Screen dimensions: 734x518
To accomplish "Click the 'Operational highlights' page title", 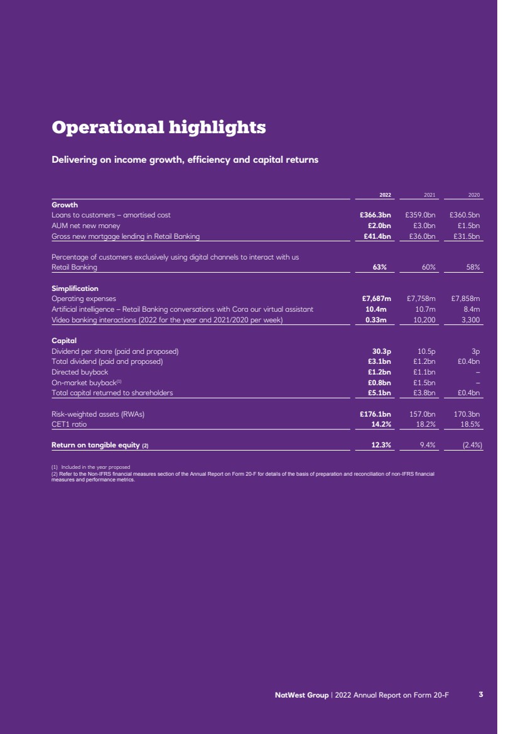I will [x=158, y=128].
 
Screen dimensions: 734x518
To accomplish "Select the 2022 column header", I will [x=385, y=195].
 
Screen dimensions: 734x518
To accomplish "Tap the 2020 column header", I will [x=474, y=195].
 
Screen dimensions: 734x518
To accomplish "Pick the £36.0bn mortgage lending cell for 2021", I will [x=423, y=236].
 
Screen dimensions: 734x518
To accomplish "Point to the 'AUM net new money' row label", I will [x=85, y=226].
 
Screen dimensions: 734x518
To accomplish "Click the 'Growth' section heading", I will [x=65, y=205].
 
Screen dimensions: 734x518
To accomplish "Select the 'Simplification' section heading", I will [x=75, y=288].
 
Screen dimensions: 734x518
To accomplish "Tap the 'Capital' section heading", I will [x=64, y=341].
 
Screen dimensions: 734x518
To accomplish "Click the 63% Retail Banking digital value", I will [x=380, y=267].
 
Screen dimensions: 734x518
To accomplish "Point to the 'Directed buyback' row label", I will [x=80, y=372].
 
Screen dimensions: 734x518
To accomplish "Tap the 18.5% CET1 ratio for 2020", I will [x=470, y=424].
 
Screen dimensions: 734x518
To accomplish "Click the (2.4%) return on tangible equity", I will [x=468, y=445].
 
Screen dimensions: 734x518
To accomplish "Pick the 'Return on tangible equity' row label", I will [x=100, y=446].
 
